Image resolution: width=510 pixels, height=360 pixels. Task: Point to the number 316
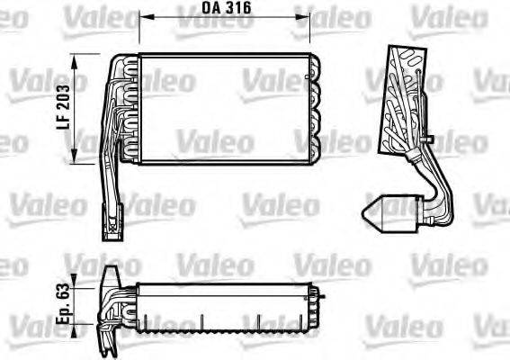237,8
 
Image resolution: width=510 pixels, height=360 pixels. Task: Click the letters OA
209,8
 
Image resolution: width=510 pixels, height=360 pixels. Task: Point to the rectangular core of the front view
225,108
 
